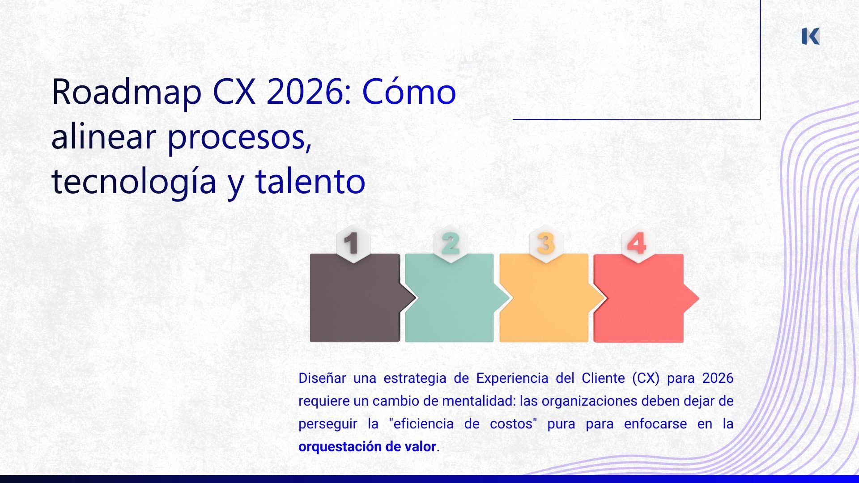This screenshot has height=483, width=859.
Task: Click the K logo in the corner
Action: coord(810,36)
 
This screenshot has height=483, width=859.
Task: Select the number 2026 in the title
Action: coord(304,92)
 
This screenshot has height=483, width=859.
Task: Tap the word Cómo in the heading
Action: coord(408,92)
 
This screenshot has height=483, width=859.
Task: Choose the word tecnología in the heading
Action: coord(134,182)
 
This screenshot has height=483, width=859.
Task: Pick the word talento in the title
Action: coord(310,182)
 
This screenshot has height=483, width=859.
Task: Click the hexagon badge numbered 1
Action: coord(353,244)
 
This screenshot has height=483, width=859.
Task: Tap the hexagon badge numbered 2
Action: coord(450,244)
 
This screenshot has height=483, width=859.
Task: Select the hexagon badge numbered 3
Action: coord(545,244)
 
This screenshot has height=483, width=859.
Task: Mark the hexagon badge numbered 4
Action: coord(638,244)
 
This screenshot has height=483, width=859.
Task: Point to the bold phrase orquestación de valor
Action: coord(367,446)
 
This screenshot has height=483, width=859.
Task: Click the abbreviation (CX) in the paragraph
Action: coord(646,378)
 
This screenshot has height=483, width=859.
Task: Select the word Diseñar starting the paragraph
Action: coord(322,378)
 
